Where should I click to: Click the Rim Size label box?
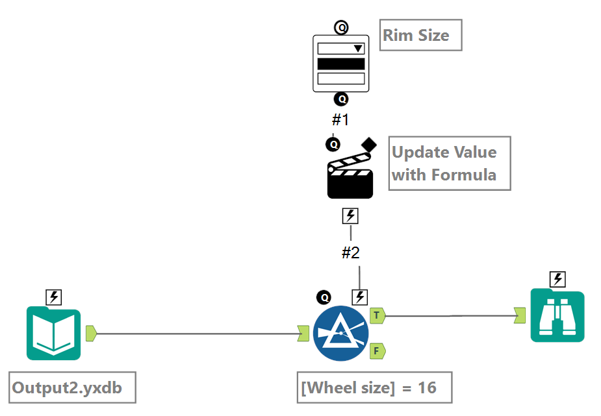coord(420,35)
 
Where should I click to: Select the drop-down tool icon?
coord(341,64)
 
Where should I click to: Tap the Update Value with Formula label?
coord(450,163)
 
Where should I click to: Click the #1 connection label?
coord(341,120)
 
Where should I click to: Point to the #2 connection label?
coord(351,253)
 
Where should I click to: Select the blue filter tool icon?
coord(340,333)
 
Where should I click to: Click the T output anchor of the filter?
coord(377,315)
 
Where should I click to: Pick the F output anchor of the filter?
coord(377,351)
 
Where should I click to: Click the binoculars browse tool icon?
coord(557,316)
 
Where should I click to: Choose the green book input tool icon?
coord(53,334)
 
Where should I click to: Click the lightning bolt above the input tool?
coord(54,298)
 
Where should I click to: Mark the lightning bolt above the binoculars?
coord(557,280)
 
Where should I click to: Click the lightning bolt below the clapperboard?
coord(350,216)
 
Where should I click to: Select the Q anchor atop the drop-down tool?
coord(341,27)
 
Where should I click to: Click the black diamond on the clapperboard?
coord(369,143)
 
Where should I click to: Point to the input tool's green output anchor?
coord(91,334)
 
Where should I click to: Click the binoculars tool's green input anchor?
coord(520,315)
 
